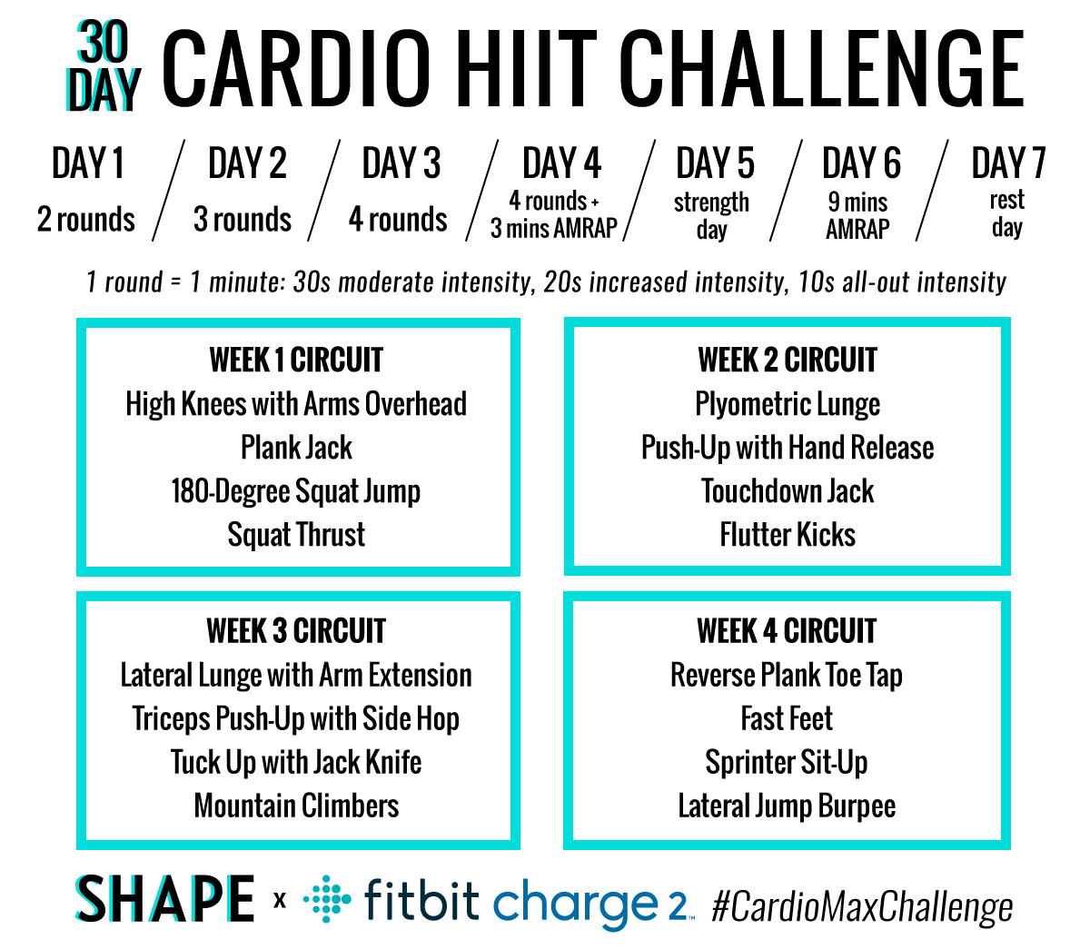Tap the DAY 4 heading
[561, 164]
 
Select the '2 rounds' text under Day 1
[86, 219]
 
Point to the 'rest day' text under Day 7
[1006, 213]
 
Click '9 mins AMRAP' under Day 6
[857, 215]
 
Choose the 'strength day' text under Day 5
[711, 215]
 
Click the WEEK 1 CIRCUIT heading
[296, 361]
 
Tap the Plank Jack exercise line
[296, 448]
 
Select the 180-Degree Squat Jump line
[296, 491]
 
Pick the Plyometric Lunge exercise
[788, 404]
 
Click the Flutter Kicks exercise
[788, 535]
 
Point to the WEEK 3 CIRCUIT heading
[296, 631]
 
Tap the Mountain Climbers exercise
[296, 806]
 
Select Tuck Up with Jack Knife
[296, 762]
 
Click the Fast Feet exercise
[787, 718]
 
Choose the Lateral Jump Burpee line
[787, 806]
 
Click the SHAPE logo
[165, 900]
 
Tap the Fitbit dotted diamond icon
[326, 900]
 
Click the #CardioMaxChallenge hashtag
[862, 907]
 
